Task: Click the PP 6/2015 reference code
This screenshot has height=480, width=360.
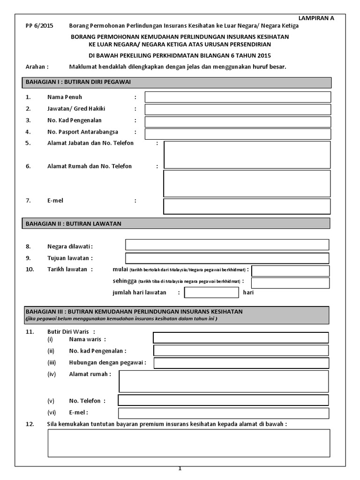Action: tap(39, 26)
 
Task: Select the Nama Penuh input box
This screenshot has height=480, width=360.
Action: tap(238, 97)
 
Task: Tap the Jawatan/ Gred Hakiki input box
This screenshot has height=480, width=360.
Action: tap(238, 109)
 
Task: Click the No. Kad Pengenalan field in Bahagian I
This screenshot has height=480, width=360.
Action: tap(238, 122)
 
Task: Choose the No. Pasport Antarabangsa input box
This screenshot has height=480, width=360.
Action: tap(238, 134)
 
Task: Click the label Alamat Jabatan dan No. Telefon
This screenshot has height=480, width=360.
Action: tap(90, 143)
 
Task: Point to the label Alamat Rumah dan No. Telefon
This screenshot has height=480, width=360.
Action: tap(90, 166)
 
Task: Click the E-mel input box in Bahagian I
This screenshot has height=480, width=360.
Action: tap(247, 206)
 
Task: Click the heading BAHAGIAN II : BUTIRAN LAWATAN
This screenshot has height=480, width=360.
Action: tap(74, 224)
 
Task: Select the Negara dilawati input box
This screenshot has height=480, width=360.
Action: tap(227, 245)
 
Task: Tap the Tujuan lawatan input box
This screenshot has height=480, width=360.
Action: tap(227, 258)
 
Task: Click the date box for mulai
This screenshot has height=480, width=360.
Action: tap(290, 270)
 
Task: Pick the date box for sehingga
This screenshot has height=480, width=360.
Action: tap(290, 283)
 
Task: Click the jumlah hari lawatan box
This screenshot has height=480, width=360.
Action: tap(211, 292)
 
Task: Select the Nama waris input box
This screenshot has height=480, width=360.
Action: tap(240, 338)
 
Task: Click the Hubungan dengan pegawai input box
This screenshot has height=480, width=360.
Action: tap(240, 363)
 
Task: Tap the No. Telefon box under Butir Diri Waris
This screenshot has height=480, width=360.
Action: tap(223, 400)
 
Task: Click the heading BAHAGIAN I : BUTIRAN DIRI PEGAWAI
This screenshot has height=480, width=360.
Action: tap(78, 82)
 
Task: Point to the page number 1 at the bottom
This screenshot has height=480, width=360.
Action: tap(180, 468)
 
